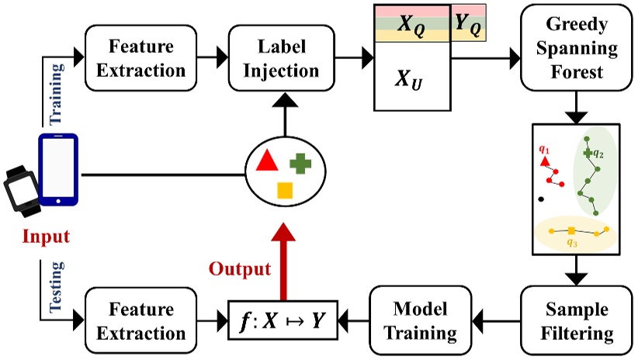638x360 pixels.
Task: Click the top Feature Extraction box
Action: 137,57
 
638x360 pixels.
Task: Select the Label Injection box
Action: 281,57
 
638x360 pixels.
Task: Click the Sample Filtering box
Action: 574,321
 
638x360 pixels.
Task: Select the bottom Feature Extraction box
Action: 137,321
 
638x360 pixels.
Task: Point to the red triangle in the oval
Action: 266,161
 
